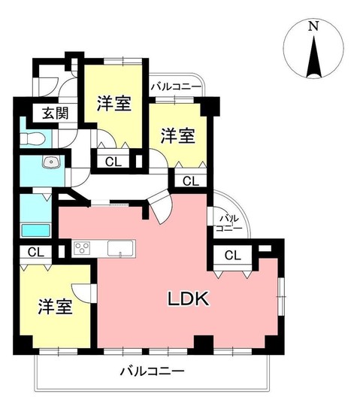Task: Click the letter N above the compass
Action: tap(313, 26)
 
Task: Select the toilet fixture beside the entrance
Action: tap(32, 138)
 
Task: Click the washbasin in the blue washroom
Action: tap(52, 162)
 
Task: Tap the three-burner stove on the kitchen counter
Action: tap(83, 247)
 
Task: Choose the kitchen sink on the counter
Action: tap(119, 247)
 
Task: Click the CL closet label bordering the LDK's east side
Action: tap(233, 256)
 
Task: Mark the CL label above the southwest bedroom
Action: tap(35, 253)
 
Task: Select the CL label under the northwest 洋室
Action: tap(111, 160)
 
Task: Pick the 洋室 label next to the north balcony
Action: tap(179, 136)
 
